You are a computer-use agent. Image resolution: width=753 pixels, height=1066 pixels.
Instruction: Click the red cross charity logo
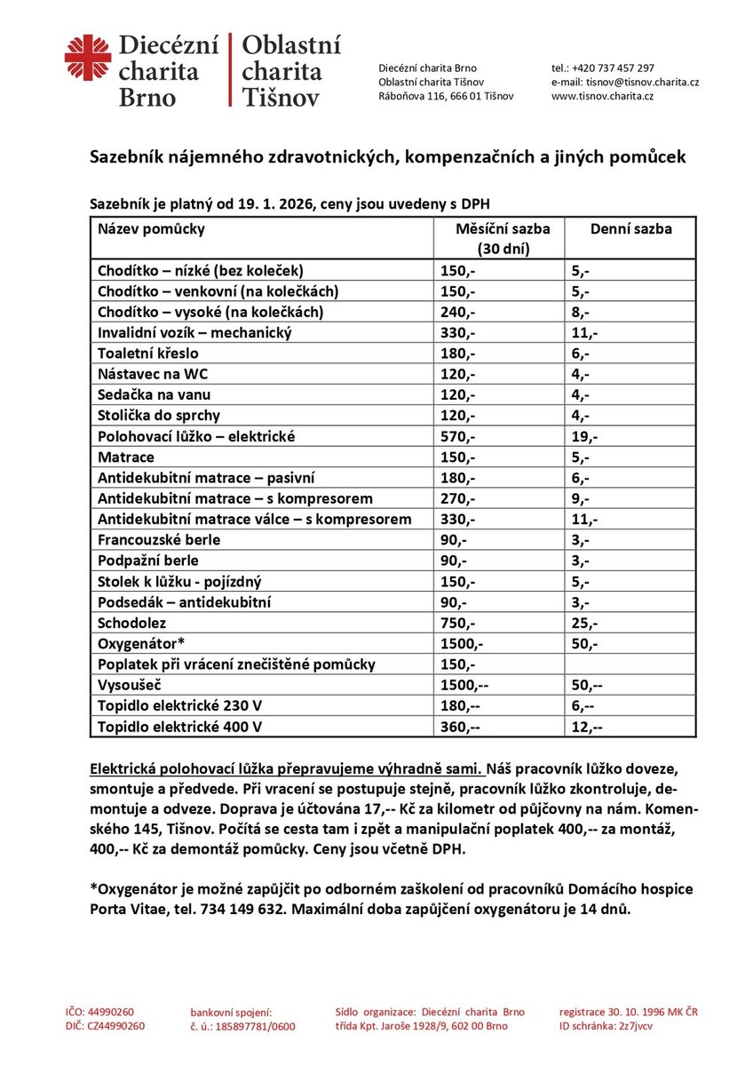coord(87,58)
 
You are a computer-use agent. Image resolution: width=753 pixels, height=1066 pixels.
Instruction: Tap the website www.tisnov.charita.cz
coord(602,96)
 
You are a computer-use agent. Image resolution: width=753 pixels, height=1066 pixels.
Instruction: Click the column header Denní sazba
coord(630,229)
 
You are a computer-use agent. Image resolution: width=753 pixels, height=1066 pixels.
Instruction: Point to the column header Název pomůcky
coord(151,229)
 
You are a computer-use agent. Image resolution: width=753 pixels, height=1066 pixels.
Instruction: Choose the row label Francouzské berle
coord(159,539)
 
